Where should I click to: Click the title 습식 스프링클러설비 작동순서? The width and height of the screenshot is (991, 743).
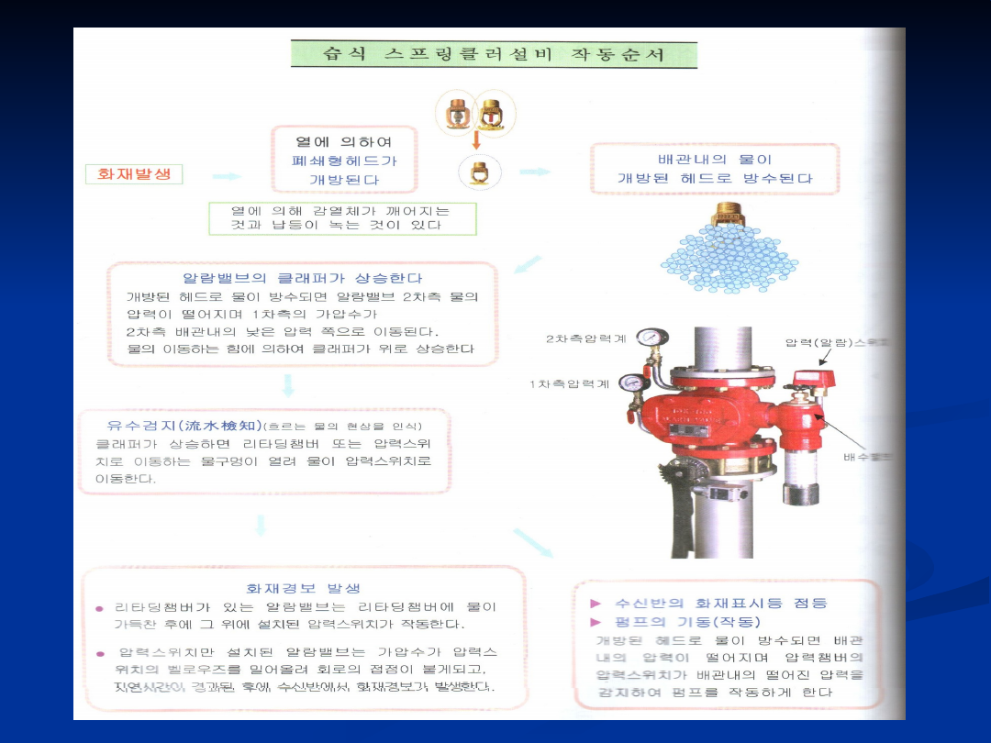click(494, 54)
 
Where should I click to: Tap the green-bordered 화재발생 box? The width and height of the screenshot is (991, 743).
click(134, 173)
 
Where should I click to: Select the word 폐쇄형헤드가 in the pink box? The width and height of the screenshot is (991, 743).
click(343, 161)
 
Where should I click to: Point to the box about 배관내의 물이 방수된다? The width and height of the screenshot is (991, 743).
click(714, 169)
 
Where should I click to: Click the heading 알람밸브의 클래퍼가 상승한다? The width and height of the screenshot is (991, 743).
click(303, 277)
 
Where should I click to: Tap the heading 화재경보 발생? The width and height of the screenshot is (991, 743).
click(303, 588)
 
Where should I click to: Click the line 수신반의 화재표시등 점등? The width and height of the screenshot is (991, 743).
click(719, 603)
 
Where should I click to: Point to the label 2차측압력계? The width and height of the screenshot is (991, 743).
click(585, 338)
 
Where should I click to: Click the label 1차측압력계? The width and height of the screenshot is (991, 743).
click(570, 383)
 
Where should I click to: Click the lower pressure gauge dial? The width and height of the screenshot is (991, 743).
click(631, 383)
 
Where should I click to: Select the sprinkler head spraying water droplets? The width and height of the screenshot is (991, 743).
click(729, 219)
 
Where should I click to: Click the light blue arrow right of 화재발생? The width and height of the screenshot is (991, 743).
click(226, 175)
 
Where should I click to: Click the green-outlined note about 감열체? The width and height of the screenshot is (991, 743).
click(342, 218)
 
